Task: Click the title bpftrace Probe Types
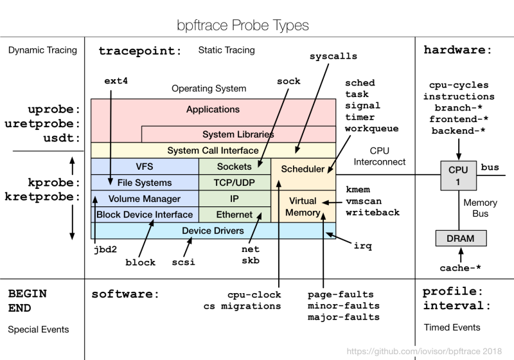click(x=243, y=26)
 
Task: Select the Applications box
click(x=213, y=110)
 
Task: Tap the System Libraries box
click(x=238, y=134)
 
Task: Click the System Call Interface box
click(x=213, y=150)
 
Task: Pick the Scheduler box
click(x=303, y=169)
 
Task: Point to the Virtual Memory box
click(x=303, y=206)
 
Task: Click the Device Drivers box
click(x=213, y=231)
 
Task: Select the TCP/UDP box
click(x=234, y=183)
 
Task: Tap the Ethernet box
click(x=234, y=215)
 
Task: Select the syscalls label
click(x=333, y=56)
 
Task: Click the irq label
click(x=363, y=246)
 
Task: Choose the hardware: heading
click(x=457, y=50)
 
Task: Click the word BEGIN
click(x=27, y=293)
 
